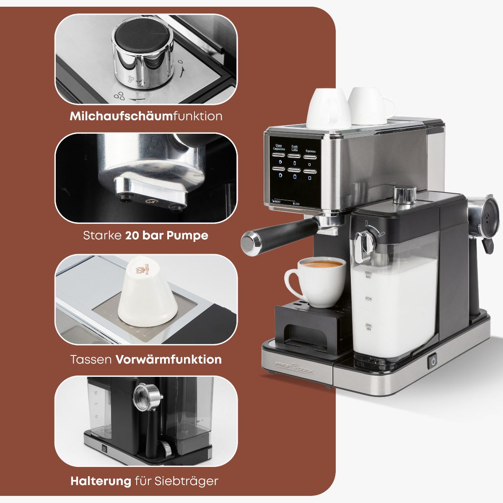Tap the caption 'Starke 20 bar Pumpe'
pos(145,235)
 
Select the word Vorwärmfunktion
pos(169,359)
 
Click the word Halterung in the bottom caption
pos(101,481)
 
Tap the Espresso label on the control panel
pos(310,151)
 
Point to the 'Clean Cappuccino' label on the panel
pos(279,148)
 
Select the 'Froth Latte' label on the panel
pos(295,148)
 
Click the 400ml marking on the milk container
pos(368,298)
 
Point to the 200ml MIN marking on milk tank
pos(368,326)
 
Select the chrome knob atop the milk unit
pos(405,193)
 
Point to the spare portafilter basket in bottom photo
pos(147,394)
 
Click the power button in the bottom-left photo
pos(104,449)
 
